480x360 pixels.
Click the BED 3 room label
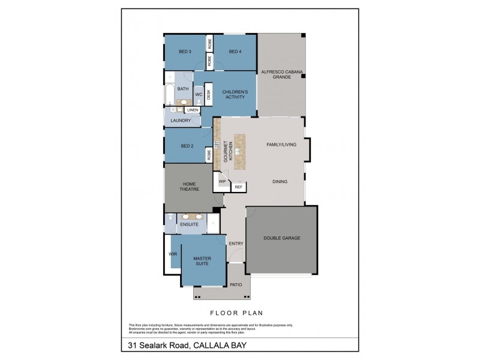185,52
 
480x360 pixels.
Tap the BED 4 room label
235,52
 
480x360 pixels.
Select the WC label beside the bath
199,95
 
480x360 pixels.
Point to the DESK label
209,94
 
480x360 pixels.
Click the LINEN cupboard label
192,110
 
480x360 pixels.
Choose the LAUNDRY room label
181,121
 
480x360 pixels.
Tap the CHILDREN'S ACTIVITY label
234,94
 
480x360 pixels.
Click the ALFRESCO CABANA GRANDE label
281,74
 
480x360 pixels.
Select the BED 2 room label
187,146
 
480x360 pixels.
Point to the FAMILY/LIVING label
283,144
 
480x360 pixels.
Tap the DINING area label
280,181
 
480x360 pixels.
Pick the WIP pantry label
222,181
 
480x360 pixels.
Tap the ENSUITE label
189,224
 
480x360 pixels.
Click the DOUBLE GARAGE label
281,238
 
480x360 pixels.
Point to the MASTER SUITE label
202,261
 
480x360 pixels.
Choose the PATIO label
236,284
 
